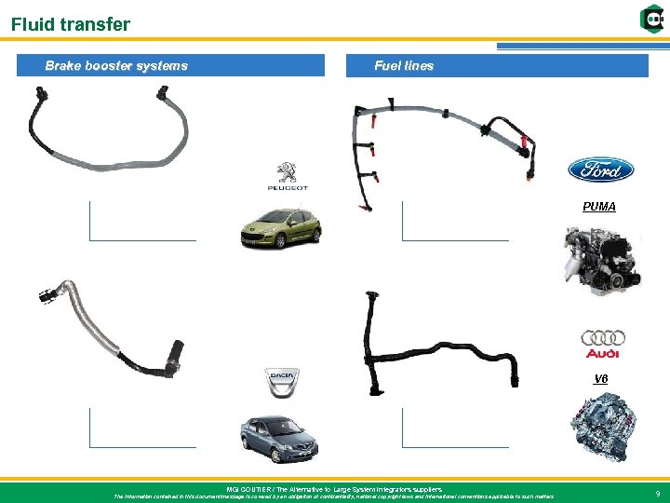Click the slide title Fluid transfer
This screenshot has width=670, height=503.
tap(71, 25)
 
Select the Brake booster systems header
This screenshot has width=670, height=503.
tap(116, 66)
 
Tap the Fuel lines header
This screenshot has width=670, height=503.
tap(403, 66)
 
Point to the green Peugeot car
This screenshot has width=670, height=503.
tap(280, 226)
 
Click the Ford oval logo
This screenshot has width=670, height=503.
tap(600, 170)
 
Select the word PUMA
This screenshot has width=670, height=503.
tap(599, 207)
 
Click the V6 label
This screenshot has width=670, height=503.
tap(600, 378)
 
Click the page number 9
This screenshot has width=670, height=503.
tap(658, 494)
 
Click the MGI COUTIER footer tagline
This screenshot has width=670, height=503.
tap(334, 489)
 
